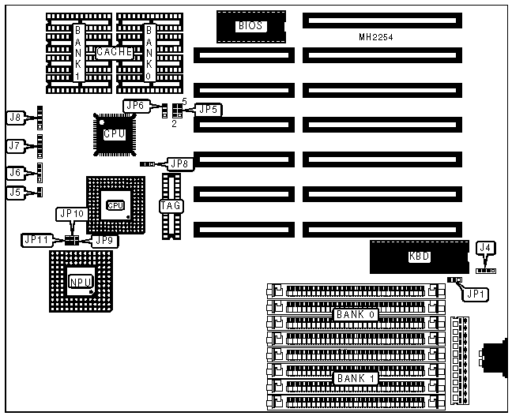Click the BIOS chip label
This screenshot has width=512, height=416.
pyautogui.click(x=250, y=26)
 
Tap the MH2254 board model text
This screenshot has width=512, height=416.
pyautogui.click(x=376, y=37)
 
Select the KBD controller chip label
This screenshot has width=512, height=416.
pyautogui.click(x=419, y=257)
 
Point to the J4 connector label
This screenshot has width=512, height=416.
pyautogui.click(x=487, y=249)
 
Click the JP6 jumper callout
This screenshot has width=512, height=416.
pyautogui.click(x=134, y=105)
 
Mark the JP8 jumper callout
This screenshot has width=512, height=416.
pyautogui.click(x=179, y=163)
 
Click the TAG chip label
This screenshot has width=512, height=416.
pyautogui.click(x=171, y=206)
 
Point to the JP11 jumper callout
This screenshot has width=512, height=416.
pyautogui.click(x=36, y=239)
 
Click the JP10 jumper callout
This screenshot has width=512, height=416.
pyautogui.click(x=70, y=213)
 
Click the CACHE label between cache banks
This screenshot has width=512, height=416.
pyautogui.click(x=114, y=52)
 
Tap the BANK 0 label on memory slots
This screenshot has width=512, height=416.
pyautogui.click(x=356, y=314)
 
